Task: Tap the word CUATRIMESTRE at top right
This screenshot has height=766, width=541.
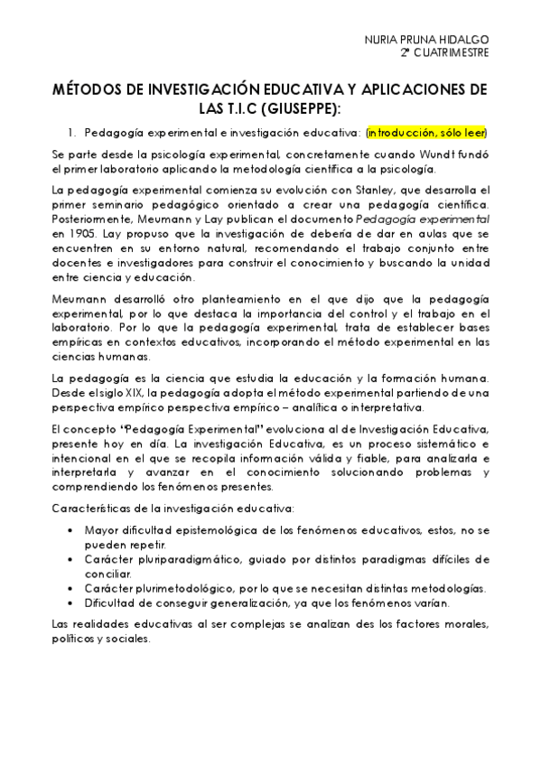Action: coord(451,52)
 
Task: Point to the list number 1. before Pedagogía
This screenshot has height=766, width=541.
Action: coord(72,131)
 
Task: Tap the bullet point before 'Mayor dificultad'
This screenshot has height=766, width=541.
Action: coord(71,530)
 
